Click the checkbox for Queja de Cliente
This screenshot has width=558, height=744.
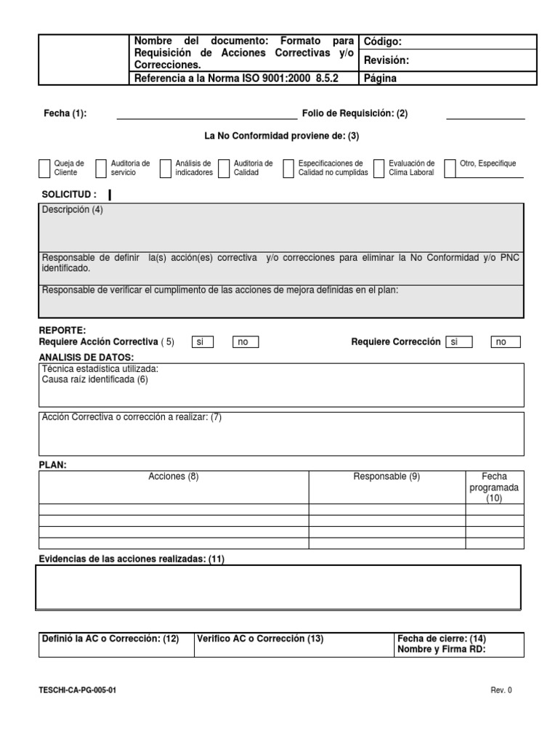[44, 169]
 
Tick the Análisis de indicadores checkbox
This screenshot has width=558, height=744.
[166, 169]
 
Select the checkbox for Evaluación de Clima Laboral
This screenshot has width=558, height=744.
[379, 169]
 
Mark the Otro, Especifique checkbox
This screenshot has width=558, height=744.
[450, 169]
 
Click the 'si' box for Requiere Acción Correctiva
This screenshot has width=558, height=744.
[202, 342]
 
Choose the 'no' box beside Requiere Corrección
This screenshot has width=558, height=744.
[506, 342]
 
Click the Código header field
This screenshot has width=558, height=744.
[448, 42]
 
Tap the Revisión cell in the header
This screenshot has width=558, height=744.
[448, 60]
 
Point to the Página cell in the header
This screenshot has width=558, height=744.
[448, 78]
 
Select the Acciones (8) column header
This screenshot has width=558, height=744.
[173, 477]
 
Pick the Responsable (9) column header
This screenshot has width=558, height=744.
[387, 477]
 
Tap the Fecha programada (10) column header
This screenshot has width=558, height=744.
[494, 488]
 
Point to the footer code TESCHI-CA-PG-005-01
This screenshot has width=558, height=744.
[76, 691]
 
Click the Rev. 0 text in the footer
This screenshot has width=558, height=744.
[501, 691]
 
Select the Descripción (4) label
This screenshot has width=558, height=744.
[73, 210]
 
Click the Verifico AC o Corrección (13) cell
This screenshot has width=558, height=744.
[260, 639]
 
